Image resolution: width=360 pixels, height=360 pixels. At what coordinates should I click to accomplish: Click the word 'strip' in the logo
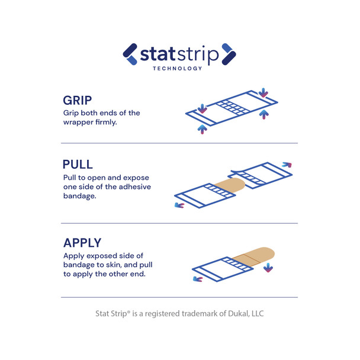tap(196, 55)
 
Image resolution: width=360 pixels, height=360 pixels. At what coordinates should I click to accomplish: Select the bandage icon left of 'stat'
tap(130, 54)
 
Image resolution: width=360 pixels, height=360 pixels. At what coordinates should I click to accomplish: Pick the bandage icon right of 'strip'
tap(229, 54)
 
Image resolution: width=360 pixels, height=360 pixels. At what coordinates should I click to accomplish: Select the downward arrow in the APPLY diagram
tap(268, 268)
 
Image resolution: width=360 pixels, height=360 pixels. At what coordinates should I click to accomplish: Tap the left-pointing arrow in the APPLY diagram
tap(198, 278)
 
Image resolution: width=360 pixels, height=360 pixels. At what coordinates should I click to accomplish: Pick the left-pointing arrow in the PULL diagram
tap(179, 205)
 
